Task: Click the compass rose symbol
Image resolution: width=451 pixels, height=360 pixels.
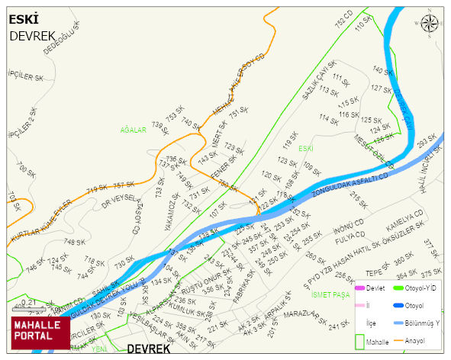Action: coord(431,24)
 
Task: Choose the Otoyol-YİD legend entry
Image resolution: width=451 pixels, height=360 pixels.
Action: coord(424,288)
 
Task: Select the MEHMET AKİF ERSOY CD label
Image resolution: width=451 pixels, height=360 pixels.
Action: coord(237,84)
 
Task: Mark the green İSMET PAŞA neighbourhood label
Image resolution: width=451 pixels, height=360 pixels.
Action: coord(331,294)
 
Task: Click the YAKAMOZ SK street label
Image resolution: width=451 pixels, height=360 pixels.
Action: coord(169,211)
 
